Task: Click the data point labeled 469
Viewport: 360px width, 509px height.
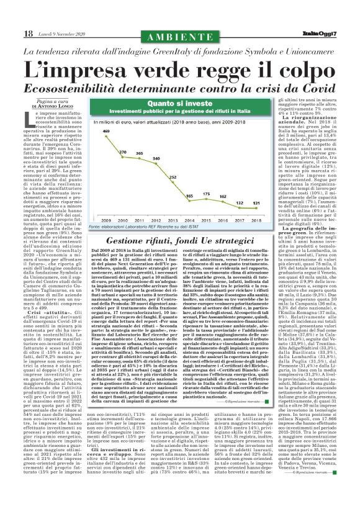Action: pos(106,135)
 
